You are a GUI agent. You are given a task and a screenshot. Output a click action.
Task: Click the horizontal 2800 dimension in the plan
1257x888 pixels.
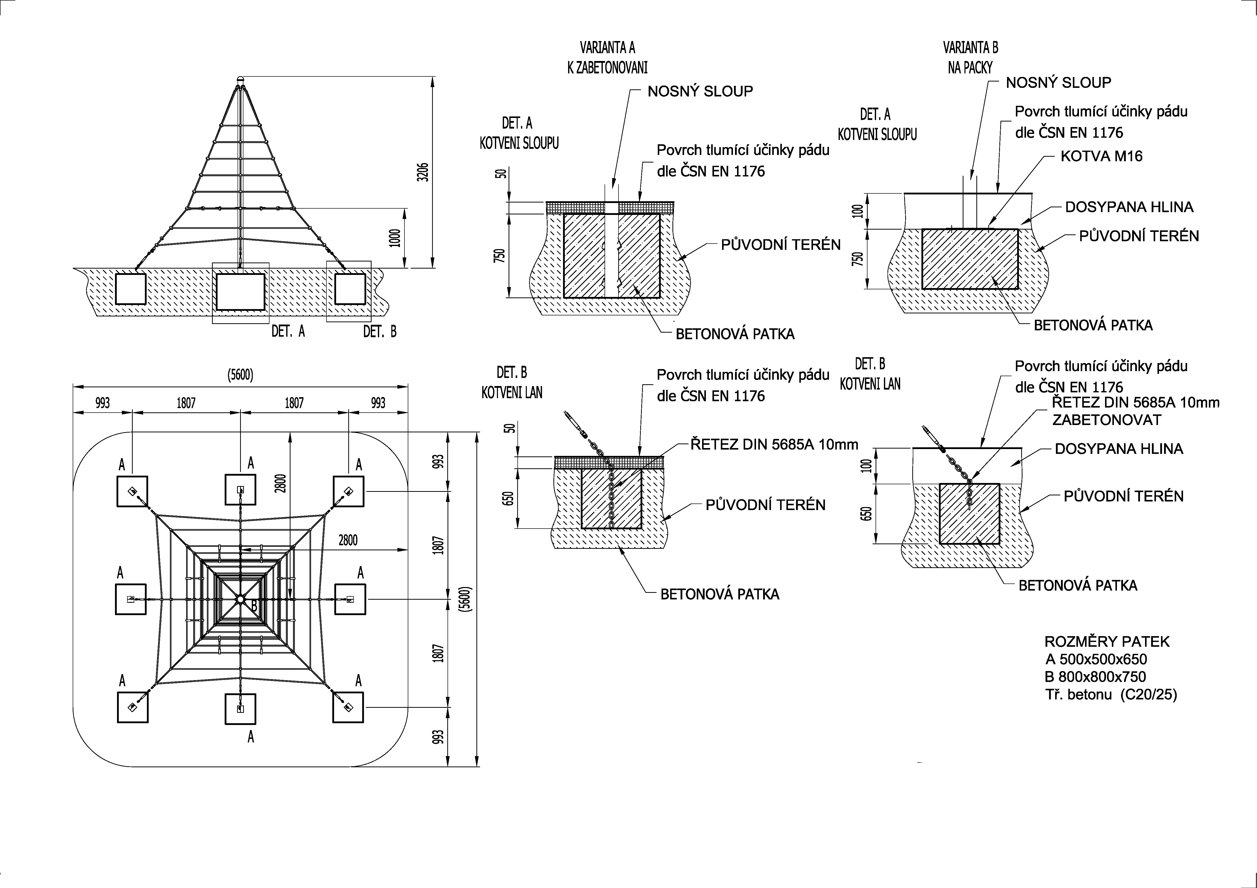coord(348,540)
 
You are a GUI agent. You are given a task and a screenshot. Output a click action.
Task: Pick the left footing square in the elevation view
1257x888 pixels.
coord(131,289)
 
